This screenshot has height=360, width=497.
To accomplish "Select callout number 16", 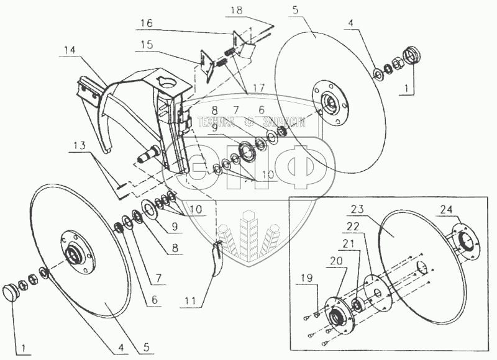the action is (145, 21).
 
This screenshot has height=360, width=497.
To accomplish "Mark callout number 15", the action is (147, 45).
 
